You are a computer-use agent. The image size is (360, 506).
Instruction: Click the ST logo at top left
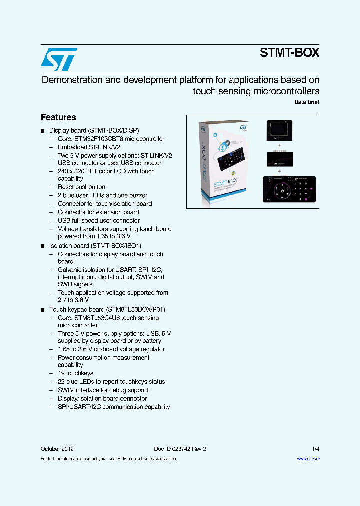[59, 59]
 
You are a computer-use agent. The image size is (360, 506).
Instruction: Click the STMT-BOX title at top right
[289, 53]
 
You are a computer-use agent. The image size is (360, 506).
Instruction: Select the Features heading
[58, 117]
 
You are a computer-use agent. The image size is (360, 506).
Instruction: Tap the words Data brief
[306, 102]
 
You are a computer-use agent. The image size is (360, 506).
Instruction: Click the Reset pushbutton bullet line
[81, 187]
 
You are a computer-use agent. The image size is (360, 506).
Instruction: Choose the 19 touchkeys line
[75, 373]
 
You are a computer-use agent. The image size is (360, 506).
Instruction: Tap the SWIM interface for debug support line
[103, 390]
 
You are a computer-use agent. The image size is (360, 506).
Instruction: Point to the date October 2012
[57, 449]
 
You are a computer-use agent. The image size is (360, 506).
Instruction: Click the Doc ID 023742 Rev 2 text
[180, 449]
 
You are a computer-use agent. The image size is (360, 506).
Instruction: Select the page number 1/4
[315, 449]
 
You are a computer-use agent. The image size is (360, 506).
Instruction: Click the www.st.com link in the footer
[308, 459]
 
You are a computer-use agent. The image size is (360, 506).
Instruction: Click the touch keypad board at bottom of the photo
[291, 189]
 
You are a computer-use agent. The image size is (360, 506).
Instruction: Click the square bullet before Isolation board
[43, 246]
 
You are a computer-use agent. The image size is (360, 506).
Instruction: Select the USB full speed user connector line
[99, 220]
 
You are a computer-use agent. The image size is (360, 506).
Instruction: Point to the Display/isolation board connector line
[102, 399]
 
